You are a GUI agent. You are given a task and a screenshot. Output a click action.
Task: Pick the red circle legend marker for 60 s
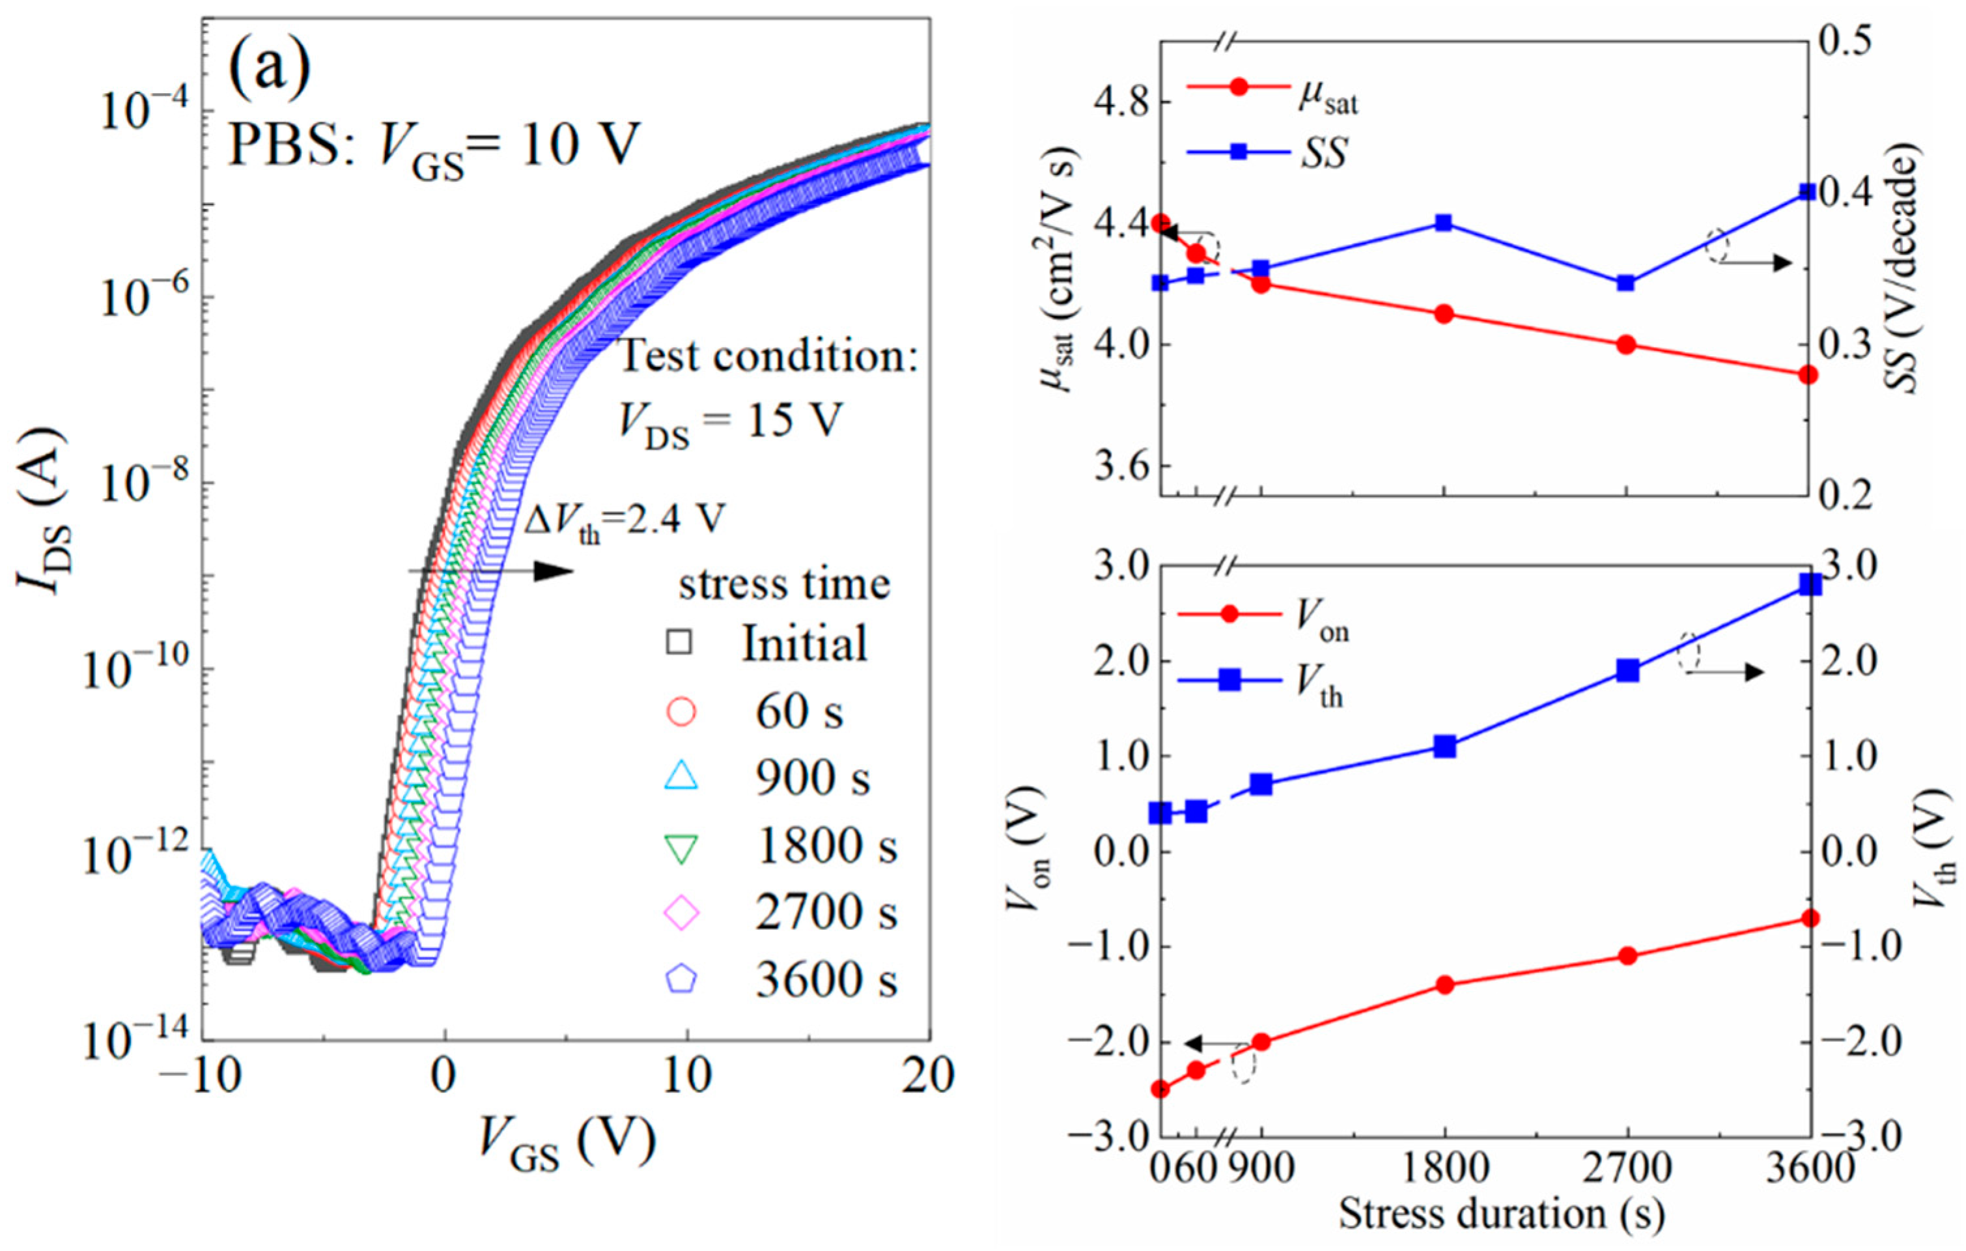(681, 711)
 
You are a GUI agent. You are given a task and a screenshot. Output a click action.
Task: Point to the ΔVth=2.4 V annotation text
(625, 519)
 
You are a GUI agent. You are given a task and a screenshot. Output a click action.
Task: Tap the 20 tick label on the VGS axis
(928, 1076)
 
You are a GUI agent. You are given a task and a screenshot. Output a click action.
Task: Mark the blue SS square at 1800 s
(1444, 223)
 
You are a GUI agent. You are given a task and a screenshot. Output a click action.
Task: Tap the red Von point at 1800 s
(1444, 985)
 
